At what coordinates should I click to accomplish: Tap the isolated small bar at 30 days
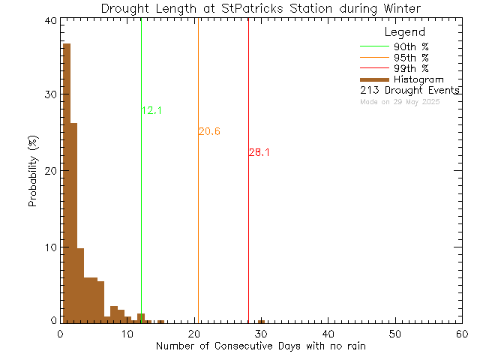pyautogui.click(x=261, y=321)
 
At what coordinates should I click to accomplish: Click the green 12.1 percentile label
pyautogui.click(x=151, y=111)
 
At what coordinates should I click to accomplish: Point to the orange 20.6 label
pyautogui.click(x=209, y=132)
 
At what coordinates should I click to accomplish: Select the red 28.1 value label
pyautogui.click(x=259, y=153)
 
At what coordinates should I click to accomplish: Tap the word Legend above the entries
pyautogui.click(x=404, y=32)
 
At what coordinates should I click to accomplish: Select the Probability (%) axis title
pyautogui.click(x=33, y=172)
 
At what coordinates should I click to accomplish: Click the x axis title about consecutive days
pyautogui.click(x=261, y=346)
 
